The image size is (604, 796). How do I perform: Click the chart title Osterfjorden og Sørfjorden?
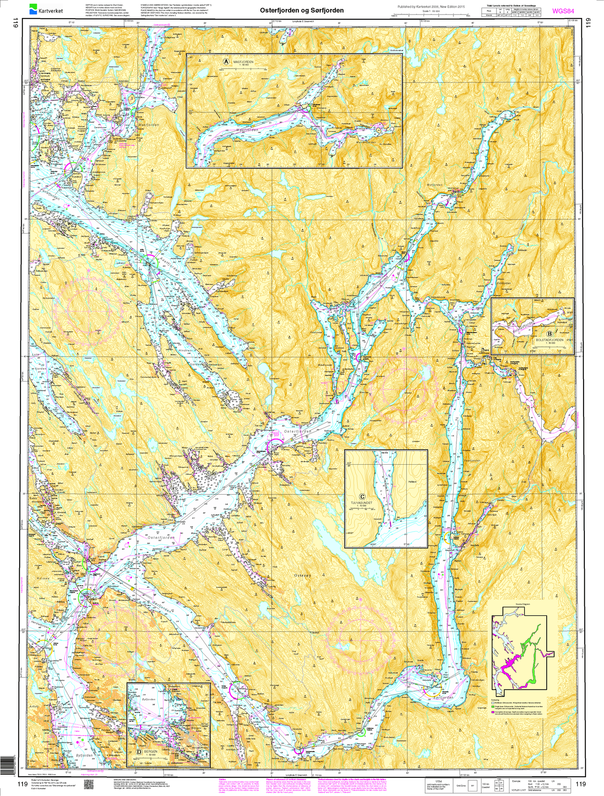pyautogui.click(x=301, y=10)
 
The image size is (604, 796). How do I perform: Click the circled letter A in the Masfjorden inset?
pyautogui.click(x=226, y=62)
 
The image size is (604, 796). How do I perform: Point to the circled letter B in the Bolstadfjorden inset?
pyautogui.click(x=549, y=334)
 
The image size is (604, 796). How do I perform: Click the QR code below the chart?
pyautogui.click(x=88, y=785)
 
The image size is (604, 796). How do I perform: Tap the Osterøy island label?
pyautogui.click(x=303, y=575)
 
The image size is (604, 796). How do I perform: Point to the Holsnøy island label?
pyautogui.click(x=43, y=578)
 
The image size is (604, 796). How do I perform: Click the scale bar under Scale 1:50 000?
pyautogui.click(x=431, y=15)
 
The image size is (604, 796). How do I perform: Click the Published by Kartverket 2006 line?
pyautogui.click(x=431, y=6)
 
